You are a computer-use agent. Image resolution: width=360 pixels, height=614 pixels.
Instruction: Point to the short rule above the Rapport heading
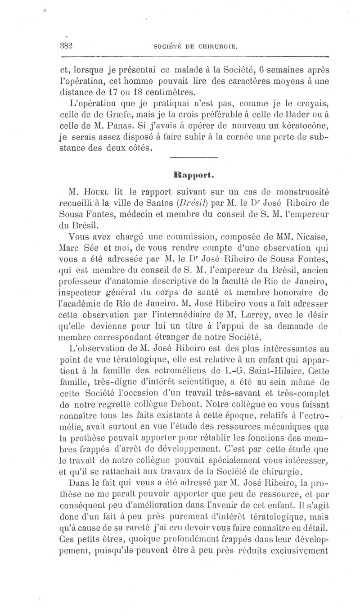click(x=195, y=157)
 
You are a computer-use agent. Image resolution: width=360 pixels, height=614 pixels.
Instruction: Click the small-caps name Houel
click(x=97, y=190)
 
